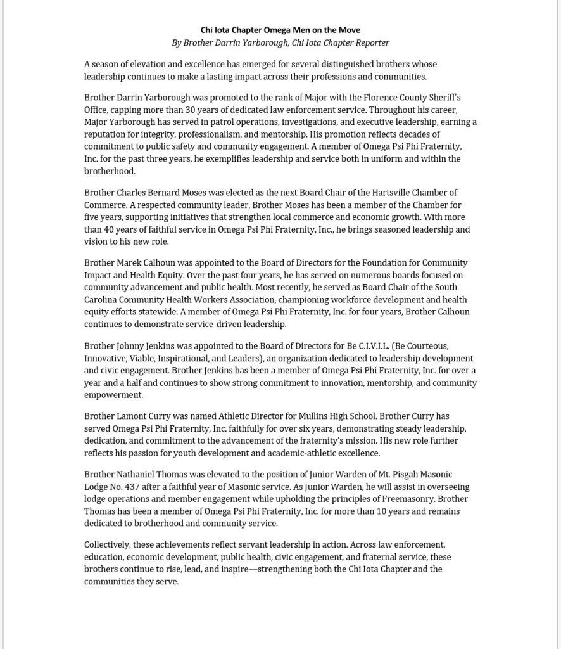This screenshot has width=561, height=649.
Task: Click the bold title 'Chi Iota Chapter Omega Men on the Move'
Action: pyautogui.click(x=280, y=30)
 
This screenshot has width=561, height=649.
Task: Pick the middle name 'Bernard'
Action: pyautogui.click(x=165, y=193)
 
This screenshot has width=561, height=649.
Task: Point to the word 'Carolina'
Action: pyautogui.click(x=103, y=300)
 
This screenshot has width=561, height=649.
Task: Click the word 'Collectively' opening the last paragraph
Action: pyautogui.click(x=108, y=545)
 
